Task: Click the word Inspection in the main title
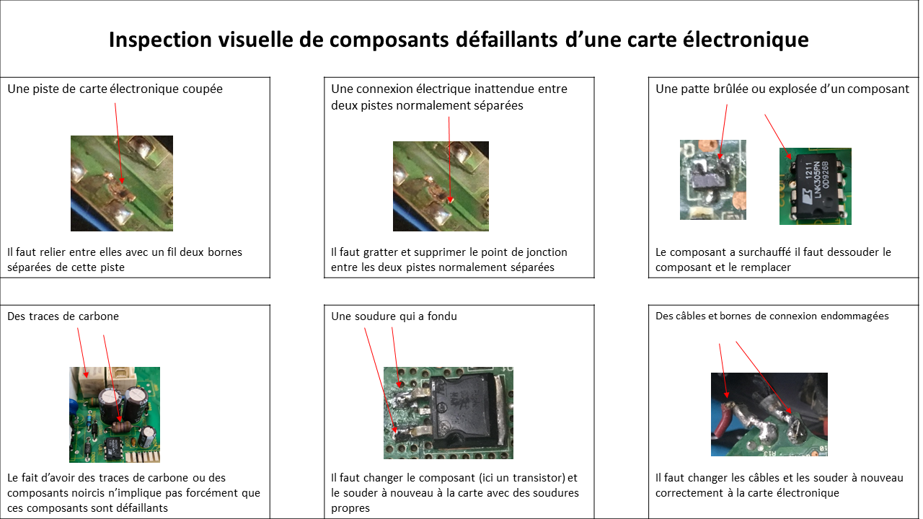click(160, 40)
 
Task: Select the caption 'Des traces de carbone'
click(63, 316)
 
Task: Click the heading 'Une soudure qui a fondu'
click(394, 316)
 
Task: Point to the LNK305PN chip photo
click(815, 186)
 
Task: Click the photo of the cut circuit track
click(122, 183)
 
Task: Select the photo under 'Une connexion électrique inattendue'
click(441, 186)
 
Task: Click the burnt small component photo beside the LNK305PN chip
click(713, 179)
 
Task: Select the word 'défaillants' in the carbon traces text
click(142, 508)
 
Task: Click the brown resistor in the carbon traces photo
click(120, 427)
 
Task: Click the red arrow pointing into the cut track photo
click(118, 143)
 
